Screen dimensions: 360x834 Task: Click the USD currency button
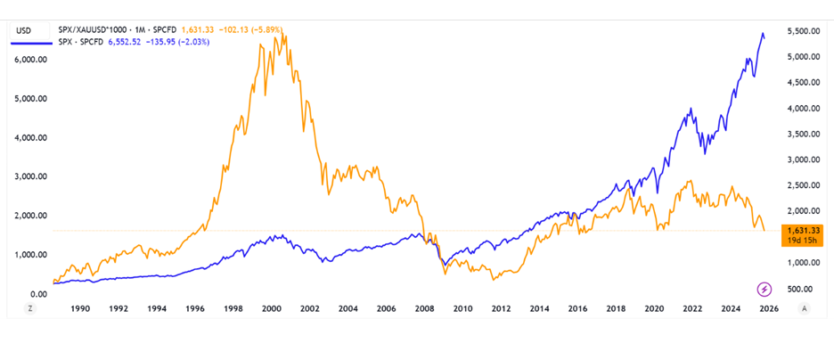coord(25,30)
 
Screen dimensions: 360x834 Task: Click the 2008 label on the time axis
coord(423,308)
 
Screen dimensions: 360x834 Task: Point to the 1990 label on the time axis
coord(79,308)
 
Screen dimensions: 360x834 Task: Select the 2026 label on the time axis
coord(768,308)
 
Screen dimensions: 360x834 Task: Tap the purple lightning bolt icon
coord(764,288)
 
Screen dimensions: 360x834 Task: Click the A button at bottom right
coord(805,308)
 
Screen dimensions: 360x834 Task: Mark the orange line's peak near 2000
coord(280,34)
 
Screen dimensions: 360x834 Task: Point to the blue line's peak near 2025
coord(763,34)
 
